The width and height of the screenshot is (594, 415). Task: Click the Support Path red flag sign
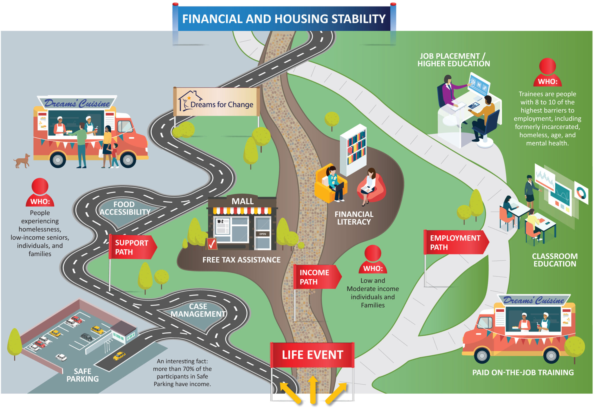(x=132, y=247)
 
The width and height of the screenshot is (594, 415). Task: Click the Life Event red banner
(x=312, y=355)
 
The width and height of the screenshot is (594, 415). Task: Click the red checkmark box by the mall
(x=211, y=244)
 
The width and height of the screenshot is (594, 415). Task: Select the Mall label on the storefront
(x=242, y=201)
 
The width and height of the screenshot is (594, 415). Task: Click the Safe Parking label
(x=83, y=375)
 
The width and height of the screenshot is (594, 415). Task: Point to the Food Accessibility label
(x=125, y=208)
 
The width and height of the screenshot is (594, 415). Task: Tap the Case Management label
(x=198, y=310)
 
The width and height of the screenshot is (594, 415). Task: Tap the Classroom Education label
(x=555, y=260)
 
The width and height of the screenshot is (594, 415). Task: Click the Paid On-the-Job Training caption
(x=523, y=372)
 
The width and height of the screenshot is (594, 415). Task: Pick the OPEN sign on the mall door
(x=262, y=234)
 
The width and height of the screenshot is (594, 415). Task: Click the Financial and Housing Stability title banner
(x=284, y=19)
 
